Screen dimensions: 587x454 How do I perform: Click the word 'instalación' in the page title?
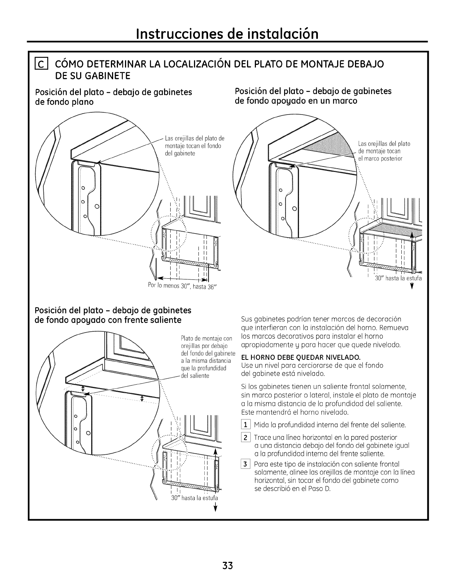pyautogui.click(x=281, y=34)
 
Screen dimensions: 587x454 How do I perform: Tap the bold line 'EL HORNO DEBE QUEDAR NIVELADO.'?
pyautogui.click(x=301, y=358)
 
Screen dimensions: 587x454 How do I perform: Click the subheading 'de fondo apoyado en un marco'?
pyautogui.click(x=296, y=101)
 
